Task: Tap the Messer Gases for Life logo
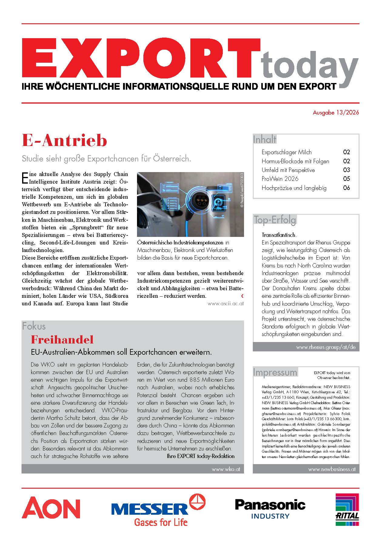click(x=158, y=510)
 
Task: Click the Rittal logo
click(x=347, y=510)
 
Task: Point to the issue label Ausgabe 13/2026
click(x=336, y=113)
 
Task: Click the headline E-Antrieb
click(x=65, y=141)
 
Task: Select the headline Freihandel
click(x=62, y=340)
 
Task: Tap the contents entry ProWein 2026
click(x=280, y=179)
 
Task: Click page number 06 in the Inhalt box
click(x=346, y=188)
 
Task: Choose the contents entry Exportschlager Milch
click(x=286, y=152)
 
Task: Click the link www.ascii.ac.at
click(x=226, y=303)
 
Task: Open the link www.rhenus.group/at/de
click(x=326, y=347)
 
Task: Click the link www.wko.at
click(x=226, y=469)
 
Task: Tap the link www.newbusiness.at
click(x=332, y=469)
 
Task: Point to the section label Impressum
click(x=275, y=372)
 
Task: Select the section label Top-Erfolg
click(x=275, y=220)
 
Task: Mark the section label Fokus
click(x=34, y=326)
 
